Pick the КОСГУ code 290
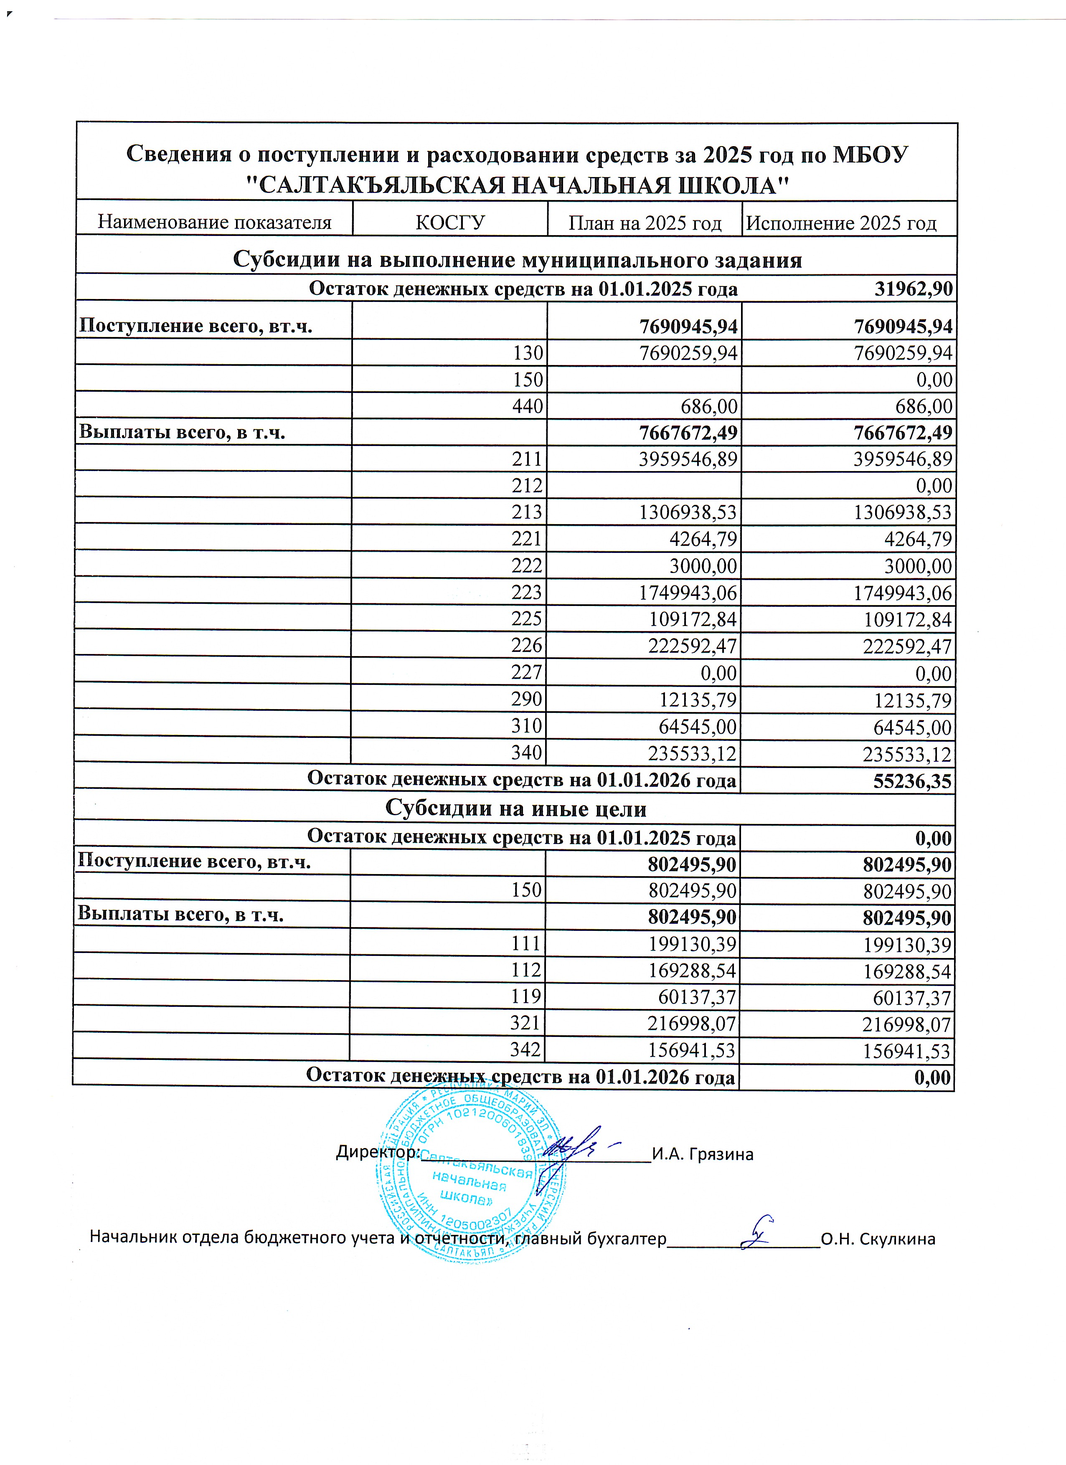click(x=527, y=700)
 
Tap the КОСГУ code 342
click(x=525, y=1049)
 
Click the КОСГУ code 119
click(x=525, y=997)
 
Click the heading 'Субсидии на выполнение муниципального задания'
click(x=517, y=260)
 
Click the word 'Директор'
click(x=377, y=1152)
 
